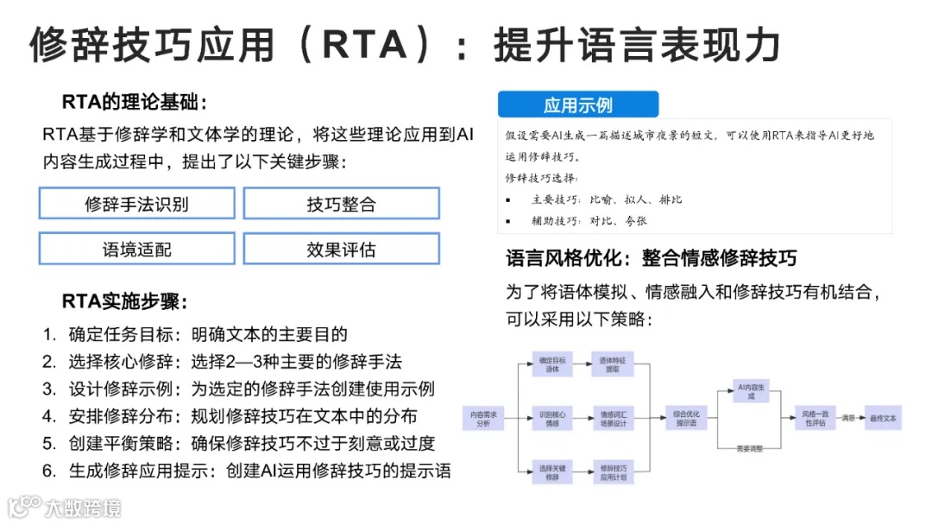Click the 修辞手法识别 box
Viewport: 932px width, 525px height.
[x=136, y=205]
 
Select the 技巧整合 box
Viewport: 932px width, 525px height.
[x=341, y=205]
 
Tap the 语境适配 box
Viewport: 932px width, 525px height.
[x=136, y=250]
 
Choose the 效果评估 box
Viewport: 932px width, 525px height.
[x=341, y=250]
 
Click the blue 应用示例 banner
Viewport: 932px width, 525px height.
[x=577, y=105]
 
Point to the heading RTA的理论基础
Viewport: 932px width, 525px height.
[x=135, y=103]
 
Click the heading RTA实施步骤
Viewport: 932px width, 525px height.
[x=124, y=301]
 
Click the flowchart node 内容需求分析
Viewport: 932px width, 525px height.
[x=484, y=420]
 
